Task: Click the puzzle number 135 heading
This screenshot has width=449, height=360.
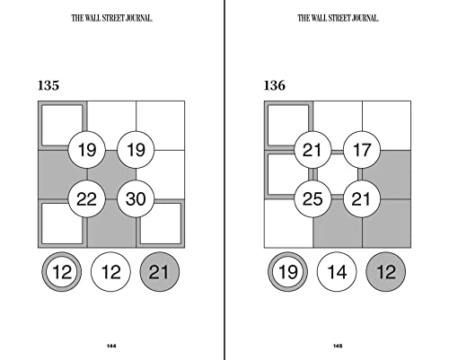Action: (x=48, y=86)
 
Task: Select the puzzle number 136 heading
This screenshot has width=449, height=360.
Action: (x=275, y=86)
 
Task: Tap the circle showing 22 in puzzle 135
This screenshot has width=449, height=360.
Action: (x=87, y=198)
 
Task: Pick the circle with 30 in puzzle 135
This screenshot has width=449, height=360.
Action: (x=136, y=198)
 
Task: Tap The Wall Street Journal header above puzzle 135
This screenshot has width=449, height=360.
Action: (x=111, y=16)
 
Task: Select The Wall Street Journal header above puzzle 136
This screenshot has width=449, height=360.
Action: (x=338, y=16)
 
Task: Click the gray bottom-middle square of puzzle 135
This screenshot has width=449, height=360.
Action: (x=111, y=225)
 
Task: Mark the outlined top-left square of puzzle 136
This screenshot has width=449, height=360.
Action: (x=287, y=124)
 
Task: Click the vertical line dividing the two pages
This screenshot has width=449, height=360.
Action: (x=224, y=180)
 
